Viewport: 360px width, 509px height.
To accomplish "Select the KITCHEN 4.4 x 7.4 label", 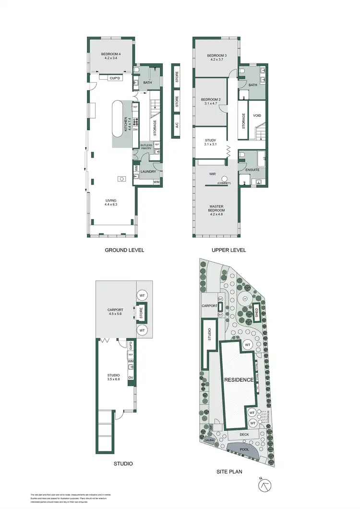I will click(x=126, y=124).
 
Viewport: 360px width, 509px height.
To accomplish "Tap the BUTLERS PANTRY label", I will click(x=146, y=146).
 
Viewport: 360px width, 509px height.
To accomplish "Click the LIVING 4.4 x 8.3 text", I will click(x=111, y=203).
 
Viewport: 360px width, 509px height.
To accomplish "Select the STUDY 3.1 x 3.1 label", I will click(x=210, y=142).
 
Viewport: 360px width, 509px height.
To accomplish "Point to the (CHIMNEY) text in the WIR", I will click(x=224, y=183).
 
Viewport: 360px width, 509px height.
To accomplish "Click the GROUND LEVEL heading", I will click(x=124, y=250).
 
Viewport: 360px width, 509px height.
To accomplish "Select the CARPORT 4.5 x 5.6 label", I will click(x=116, y=313).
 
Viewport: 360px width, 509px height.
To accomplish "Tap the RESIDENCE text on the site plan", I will click(x=239, y=380).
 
